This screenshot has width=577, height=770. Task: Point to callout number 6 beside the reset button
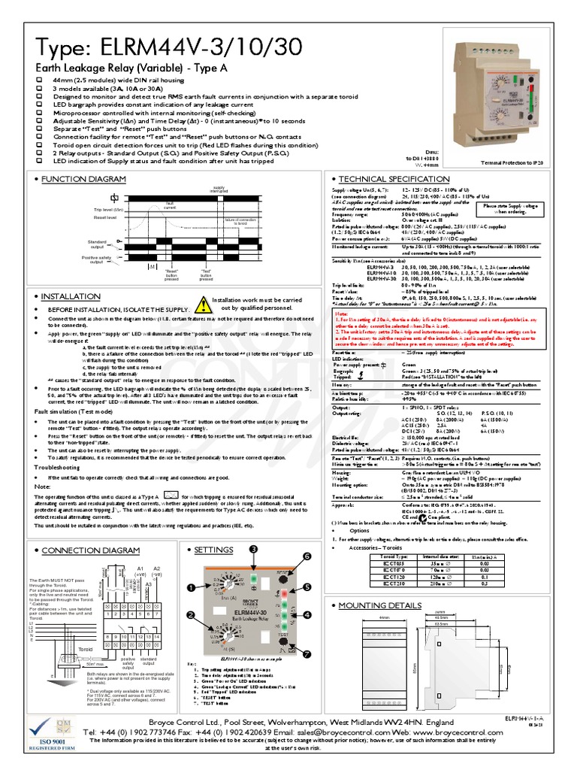(x=307, y=556)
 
